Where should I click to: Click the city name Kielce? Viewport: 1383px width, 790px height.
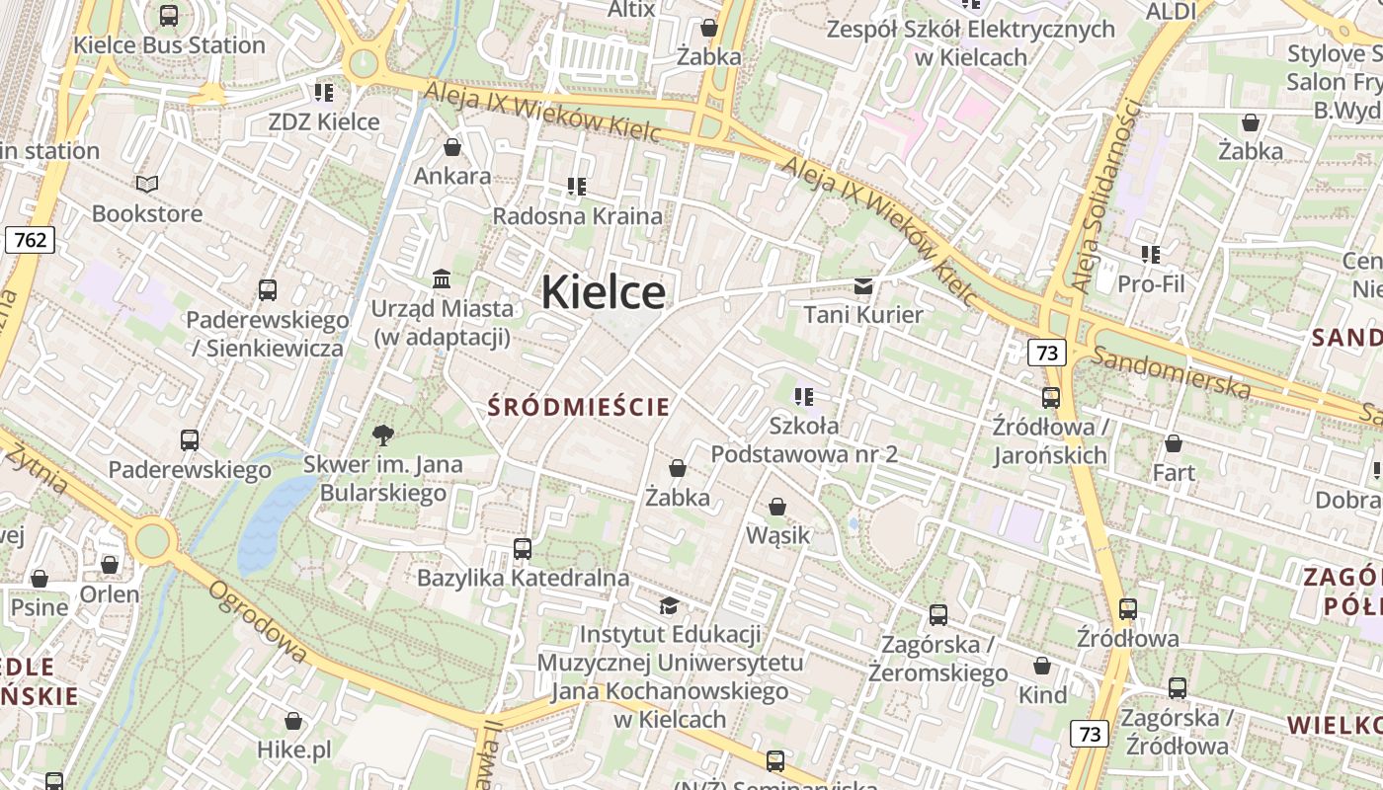pos(603,292)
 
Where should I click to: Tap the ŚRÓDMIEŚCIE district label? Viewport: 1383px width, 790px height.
pos(579,407)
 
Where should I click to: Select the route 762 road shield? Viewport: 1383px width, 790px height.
pos(30,240)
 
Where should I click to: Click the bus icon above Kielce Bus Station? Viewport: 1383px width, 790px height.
pos(169,16)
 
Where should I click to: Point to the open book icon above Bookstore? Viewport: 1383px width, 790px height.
pos(147,184)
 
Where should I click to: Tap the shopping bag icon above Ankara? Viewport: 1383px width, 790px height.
pos(452,148)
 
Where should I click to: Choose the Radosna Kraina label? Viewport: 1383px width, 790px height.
pos(577,215)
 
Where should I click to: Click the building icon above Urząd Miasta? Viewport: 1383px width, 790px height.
pos(442,279)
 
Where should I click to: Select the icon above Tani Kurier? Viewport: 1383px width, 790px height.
pos(863,286)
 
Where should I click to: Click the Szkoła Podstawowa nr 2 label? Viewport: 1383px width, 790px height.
pos(804,439)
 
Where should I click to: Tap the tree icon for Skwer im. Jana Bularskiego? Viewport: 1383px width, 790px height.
pos(382,434)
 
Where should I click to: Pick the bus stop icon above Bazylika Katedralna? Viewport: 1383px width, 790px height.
pos(523,548)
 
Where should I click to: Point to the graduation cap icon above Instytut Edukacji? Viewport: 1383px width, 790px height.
pos(670,604)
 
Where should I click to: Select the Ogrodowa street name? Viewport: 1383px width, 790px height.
pos(258,620)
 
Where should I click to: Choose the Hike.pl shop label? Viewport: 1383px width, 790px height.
pos(293,750)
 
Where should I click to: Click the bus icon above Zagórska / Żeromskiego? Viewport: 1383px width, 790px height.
pos(938,615)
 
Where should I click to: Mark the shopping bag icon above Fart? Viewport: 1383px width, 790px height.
pos(1174,444)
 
